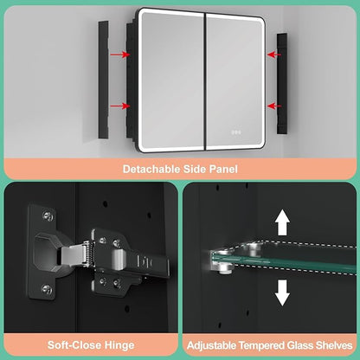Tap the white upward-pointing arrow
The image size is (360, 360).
(282, 222)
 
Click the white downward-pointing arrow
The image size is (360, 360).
(282, 292)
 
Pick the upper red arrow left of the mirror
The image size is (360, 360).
(120, 55)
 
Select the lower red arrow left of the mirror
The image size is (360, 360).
(120, 106)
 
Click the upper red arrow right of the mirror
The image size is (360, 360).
(274, 55)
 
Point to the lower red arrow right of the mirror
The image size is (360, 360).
(274, 106)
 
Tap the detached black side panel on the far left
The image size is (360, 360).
(103, 80)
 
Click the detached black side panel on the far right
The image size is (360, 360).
(282, 84)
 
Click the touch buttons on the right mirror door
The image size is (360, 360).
(236, 132)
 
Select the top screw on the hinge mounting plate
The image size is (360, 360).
(48, 215)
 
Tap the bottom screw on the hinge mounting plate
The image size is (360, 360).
(47, 289)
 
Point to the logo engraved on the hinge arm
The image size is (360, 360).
(146, 261)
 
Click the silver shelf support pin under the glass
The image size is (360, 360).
(224, 269)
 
